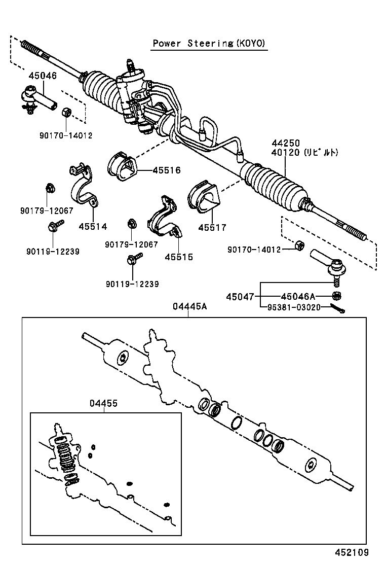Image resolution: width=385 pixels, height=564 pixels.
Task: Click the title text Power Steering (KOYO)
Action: click(209, 44)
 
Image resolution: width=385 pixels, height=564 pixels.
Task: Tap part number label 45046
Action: click(43, 76)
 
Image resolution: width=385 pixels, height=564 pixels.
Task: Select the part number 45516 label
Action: click(167, 170)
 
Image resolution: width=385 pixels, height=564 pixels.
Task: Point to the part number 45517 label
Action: click(212, 228)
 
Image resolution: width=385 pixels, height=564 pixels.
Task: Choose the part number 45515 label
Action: click(179, 257)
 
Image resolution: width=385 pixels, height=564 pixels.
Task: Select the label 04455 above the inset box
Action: click(103, 403)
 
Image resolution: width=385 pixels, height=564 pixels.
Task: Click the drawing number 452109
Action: click(351, 552)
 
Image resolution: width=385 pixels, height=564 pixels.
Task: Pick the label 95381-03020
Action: click(295, 307)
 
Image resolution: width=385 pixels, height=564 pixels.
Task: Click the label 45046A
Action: click(298, 297)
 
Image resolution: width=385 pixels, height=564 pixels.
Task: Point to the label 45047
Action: click(240, 297)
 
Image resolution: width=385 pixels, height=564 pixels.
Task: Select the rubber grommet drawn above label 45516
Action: click(123, 165)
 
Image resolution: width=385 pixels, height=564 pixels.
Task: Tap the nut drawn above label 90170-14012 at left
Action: click(66, 113)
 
